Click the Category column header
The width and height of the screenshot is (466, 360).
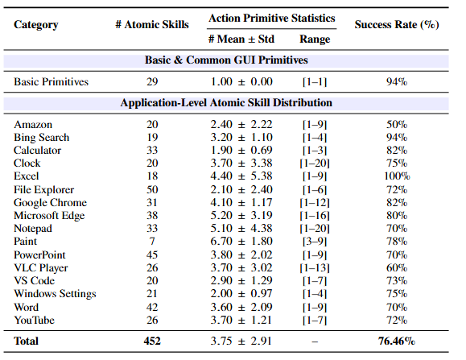36,24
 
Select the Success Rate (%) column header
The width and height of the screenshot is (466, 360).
397,24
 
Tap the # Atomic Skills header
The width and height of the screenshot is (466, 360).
152,24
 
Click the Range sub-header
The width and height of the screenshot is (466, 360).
315,39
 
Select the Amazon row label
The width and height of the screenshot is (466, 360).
33,124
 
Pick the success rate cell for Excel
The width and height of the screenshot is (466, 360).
397,176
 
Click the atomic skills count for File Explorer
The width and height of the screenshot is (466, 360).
152,189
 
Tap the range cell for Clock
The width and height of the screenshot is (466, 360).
315,163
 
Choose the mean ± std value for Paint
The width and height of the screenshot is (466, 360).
241,242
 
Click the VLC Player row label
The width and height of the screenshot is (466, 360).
40,268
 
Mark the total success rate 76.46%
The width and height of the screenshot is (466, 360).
397,341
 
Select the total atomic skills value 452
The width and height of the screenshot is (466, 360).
152,341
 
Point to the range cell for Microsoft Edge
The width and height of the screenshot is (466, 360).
315,216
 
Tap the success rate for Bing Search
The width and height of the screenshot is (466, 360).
397,137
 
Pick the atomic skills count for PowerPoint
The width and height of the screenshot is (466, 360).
152,254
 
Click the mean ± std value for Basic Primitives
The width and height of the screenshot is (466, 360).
241,81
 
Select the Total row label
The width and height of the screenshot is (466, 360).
27,341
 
